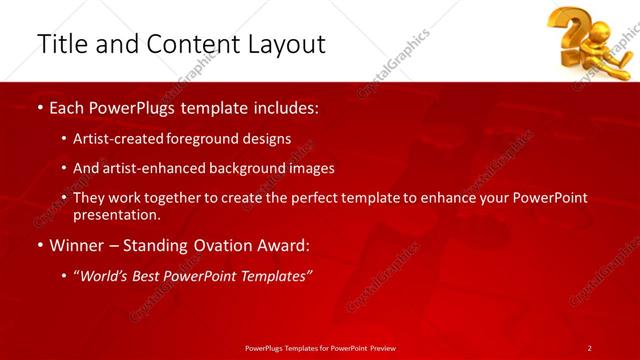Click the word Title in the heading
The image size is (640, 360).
[59, 45]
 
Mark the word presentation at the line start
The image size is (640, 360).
[115, 214]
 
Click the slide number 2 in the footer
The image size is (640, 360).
[589, 348]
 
